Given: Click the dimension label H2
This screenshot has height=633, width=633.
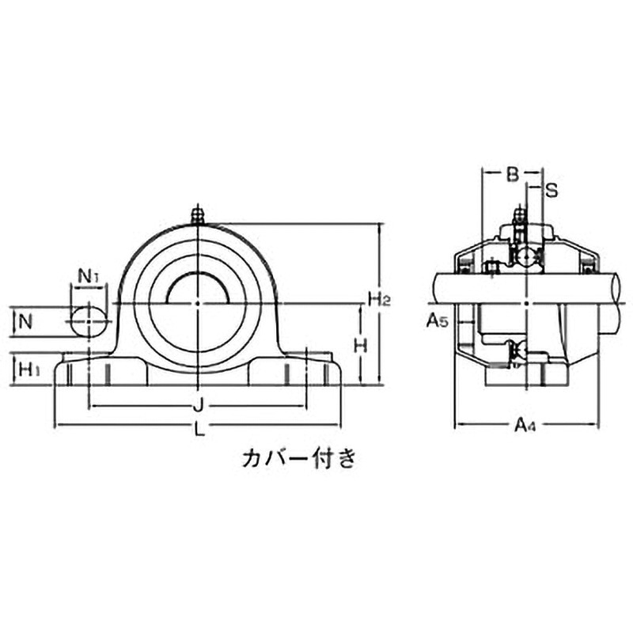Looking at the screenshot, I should tap(379, 298).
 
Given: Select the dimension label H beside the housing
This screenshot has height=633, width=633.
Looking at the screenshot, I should tap(361, 345).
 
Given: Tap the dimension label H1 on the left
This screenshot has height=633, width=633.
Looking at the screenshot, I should tap(29, 369).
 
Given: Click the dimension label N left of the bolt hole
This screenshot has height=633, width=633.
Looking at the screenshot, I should tap(26, 321).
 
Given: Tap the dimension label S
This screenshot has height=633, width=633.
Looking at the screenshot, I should tap(552, 190).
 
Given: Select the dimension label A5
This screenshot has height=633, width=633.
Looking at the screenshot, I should tap(438, 320).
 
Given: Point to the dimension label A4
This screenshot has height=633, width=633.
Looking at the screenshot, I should tap(525, 427).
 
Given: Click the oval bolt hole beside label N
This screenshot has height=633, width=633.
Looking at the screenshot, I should tap(88, 321).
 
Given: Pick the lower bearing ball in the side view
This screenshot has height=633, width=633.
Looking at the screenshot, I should tap(518, 350).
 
